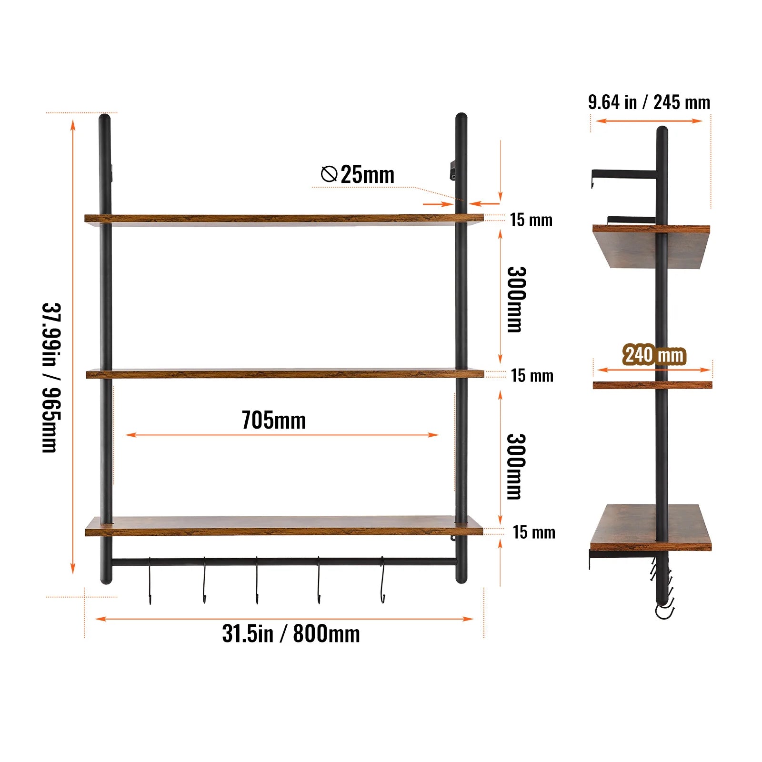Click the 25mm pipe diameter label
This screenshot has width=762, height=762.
(367, 174)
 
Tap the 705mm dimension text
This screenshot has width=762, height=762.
(273, 420)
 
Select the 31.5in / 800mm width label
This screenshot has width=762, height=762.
(291, 633)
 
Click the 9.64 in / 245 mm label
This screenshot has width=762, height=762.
(649, 102)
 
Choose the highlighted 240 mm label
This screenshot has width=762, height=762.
(654, 355)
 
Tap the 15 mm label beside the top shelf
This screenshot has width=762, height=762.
(531, 220)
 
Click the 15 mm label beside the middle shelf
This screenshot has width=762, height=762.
(532, 376)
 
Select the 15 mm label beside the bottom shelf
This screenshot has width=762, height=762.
(534, 532)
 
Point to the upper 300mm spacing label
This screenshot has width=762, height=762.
(516, 300)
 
